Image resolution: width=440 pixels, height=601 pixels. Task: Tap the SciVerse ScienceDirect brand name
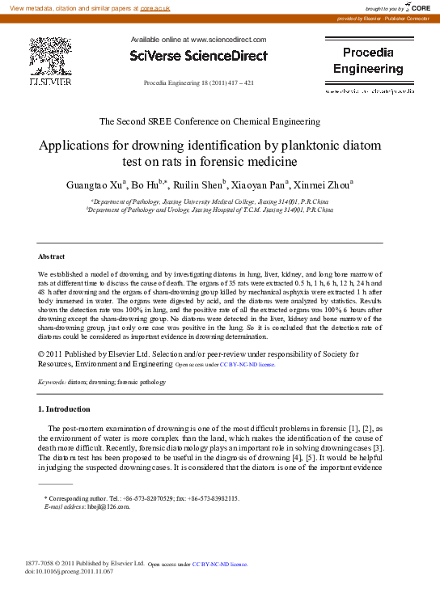tap(198, 55)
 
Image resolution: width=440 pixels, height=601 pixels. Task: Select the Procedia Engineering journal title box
tap(368, 61)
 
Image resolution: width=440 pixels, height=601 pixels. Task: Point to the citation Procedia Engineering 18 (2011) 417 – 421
tap(198, 83)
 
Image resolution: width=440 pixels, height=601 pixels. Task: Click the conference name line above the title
tap(209, 121)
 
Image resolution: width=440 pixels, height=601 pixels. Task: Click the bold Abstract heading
tap(52, 255)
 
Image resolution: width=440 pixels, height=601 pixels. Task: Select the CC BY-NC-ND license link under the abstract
tap(247, 365)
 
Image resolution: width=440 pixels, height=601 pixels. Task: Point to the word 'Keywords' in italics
tap(52, 380)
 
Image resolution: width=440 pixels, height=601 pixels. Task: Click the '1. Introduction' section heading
tap(65, 408)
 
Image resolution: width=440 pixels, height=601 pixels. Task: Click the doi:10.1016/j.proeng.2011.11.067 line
tap(70, 571)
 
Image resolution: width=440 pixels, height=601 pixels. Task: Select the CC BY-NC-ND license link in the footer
tap(220, 564)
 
